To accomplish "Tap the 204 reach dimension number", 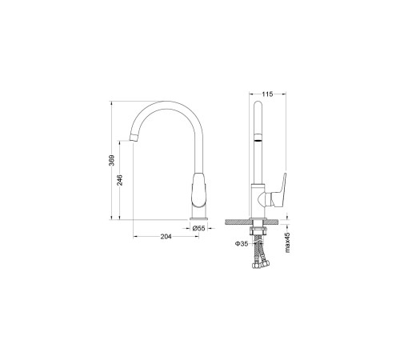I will (166, 237).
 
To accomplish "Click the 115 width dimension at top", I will (267, 94).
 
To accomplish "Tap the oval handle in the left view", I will (199, 190).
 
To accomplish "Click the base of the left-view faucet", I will (199, 214).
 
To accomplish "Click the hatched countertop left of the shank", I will (238, 222).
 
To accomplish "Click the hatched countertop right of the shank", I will (277, 222).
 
